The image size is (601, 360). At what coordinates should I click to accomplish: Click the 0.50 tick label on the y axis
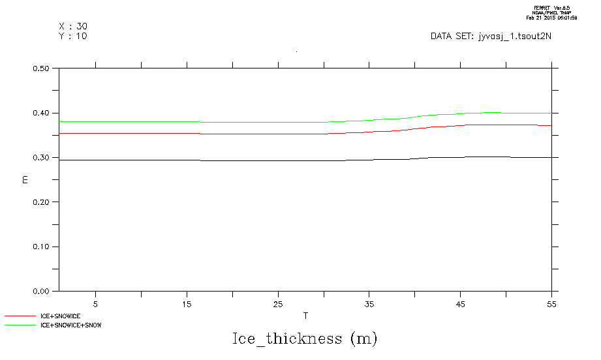pos(42,68)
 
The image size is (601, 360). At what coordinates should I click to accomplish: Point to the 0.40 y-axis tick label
pos(42,113)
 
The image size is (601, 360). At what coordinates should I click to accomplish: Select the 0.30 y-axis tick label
pos(42,157)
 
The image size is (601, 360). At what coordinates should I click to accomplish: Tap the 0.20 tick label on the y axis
pos(42,202)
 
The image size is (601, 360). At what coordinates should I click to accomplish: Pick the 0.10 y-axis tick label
pos(42,247)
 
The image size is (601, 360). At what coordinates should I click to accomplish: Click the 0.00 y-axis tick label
pos(42,292)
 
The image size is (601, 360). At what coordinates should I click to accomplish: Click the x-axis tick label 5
pos(95,304)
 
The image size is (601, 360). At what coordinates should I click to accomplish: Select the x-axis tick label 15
pos(187,304)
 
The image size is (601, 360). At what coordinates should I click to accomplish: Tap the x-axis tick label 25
pos(278,304)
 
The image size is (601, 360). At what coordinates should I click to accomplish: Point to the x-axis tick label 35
pos(369,304)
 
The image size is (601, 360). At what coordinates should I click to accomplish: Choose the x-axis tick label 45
pos(461,304)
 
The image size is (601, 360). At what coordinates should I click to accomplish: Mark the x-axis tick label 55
pos(552,304)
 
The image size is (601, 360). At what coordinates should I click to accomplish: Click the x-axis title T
pos(305,316)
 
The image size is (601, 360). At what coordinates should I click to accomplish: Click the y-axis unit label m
pos(25,179)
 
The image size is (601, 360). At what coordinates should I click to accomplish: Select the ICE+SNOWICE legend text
pos(60,316)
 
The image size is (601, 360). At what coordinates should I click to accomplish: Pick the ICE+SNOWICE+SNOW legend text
pos(71,325)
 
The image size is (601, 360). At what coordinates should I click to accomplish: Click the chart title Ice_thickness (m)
pos(305,339)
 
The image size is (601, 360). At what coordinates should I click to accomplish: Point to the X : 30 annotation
pos(72,26)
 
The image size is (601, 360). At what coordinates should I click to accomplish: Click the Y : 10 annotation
pos(72,36)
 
